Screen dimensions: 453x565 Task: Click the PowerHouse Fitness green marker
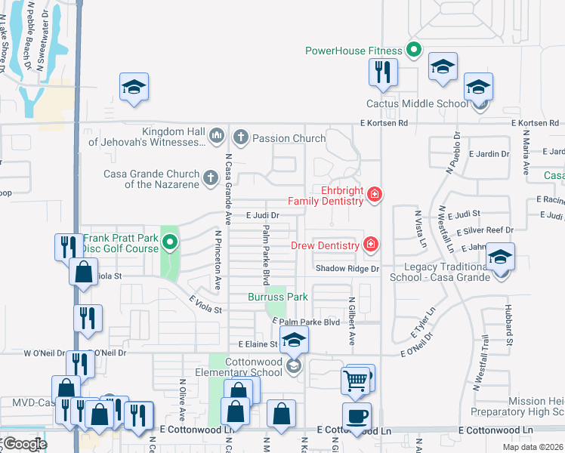point(413,51)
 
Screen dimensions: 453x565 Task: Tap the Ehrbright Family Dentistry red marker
point(373,196)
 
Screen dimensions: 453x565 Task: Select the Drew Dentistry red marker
point(370,244)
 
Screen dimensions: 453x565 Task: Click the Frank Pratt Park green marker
point(170,243)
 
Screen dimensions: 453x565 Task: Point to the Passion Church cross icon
point(241,137)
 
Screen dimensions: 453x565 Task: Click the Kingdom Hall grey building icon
point(217,136)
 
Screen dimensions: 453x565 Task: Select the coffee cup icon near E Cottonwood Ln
point(357,415)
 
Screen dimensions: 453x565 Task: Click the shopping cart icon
point(356,379)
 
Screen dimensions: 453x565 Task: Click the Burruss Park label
point(278,297)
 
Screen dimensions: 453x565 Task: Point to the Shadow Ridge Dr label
point(347,269)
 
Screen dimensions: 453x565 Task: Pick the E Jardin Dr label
point(489,154)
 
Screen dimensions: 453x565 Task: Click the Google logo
point(23,444)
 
